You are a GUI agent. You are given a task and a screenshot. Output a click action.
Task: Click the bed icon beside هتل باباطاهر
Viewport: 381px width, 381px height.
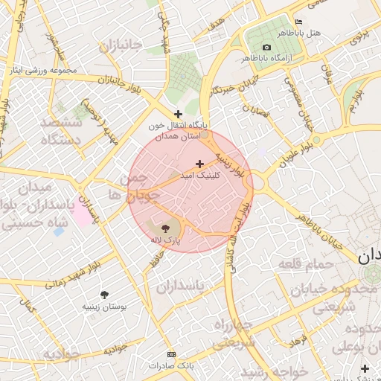(299, 22)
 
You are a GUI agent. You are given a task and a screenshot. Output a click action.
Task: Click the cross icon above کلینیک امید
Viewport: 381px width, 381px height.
(199, 164)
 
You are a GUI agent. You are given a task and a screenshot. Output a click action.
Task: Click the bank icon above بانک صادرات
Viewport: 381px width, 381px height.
(171, 354)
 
